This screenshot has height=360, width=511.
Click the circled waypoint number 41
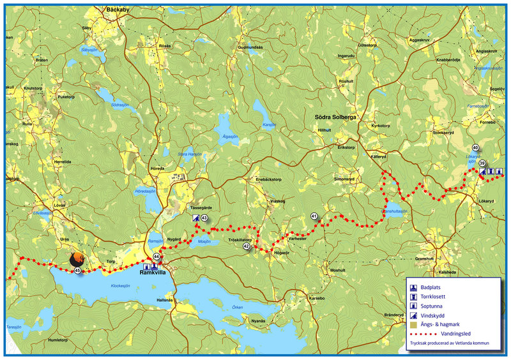click(x=314, y=216)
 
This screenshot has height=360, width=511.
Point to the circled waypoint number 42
click(x=247, y=246)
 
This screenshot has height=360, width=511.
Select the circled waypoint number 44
click(x=156, y=257)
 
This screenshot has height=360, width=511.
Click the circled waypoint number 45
click(x=77, y=271)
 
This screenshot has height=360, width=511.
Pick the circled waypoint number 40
click(x=475, y=148)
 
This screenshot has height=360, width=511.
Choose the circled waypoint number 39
click(x=482, y=163)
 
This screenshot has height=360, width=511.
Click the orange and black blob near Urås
click(x=78, y=259)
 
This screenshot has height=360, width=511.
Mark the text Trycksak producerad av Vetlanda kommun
click(x=449, y=343)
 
